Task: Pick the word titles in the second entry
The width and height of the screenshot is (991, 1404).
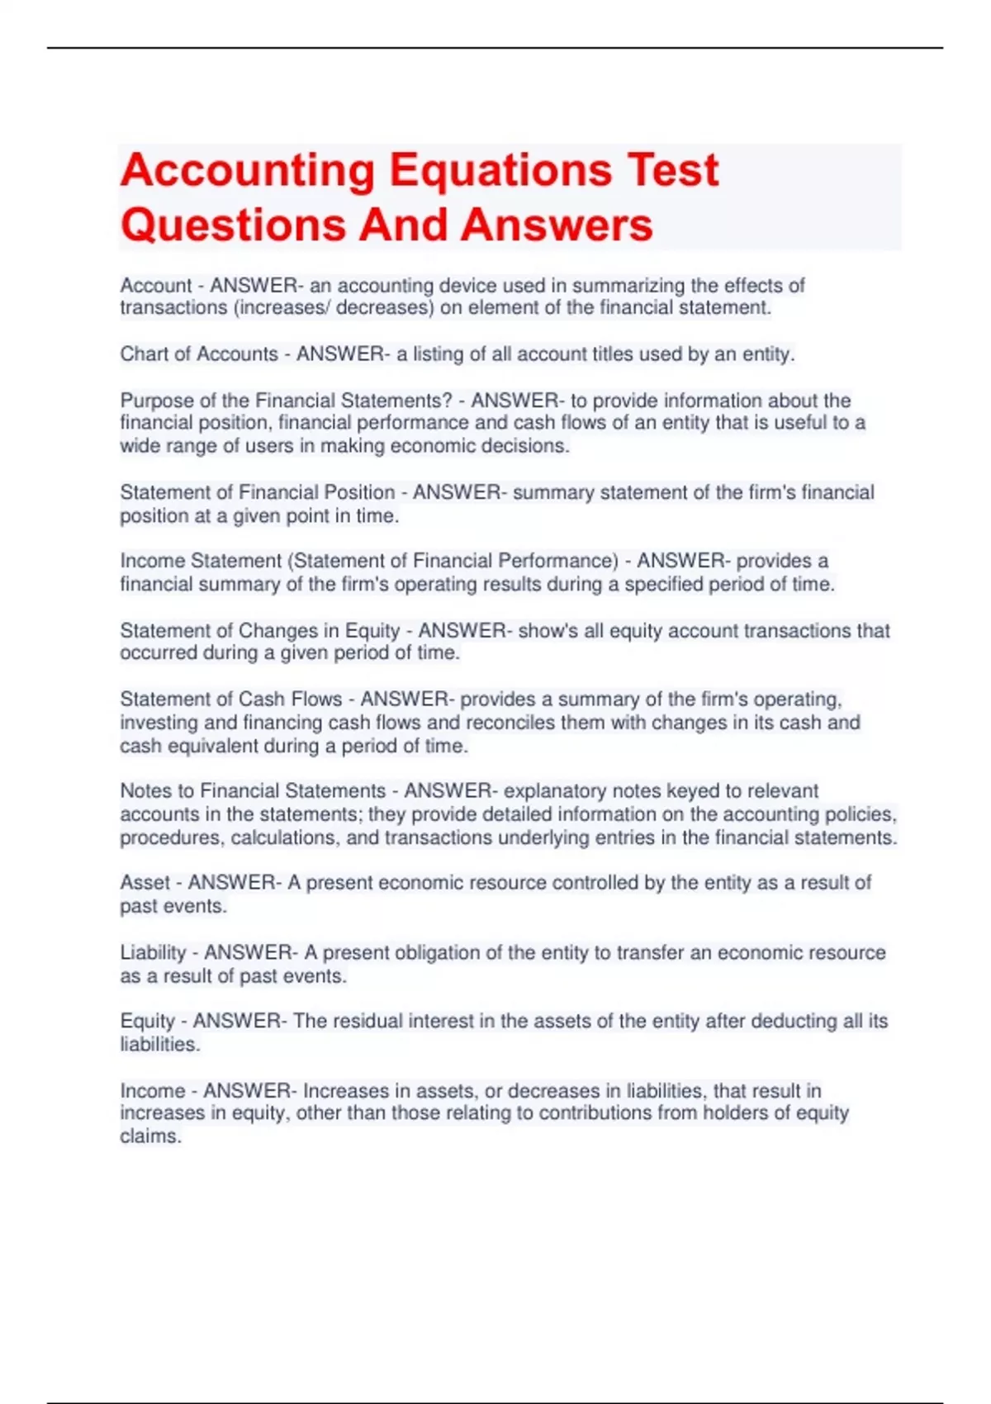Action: point(605,354)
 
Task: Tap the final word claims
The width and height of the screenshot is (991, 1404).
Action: point(149,1136)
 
